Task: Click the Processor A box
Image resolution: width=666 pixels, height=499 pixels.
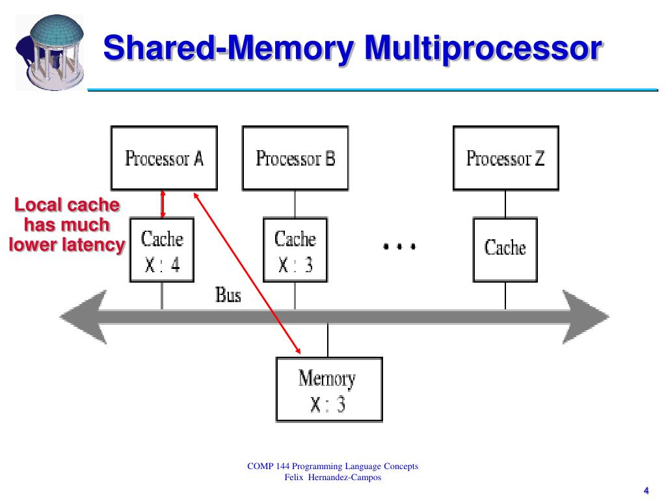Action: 164,158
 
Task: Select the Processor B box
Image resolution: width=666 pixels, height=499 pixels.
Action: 295,158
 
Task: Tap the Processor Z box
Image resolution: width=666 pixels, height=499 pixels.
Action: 505,158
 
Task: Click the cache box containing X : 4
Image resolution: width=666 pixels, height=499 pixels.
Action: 162,250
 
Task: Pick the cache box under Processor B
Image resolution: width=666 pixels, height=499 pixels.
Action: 295,250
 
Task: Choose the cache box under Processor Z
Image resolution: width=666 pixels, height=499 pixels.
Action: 505,250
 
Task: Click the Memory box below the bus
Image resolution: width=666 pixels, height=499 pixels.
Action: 329,389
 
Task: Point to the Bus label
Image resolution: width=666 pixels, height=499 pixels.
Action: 228,295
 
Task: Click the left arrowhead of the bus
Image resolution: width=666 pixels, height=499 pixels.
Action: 83,316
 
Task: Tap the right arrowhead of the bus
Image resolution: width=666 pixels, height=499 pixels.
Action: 586,316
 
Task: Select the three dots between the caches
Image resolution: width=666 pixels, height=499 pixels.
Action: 399,246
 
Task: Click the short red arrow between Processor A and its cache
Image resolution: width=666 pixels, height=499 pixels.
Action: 163,204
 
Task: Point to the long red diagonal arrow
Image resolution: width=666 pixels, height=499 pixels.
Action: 246,273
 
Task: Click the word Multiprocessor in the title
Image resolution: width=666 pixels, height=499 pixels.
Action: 483,48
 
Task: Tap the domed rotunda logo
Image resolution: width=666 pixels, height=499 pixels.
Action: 51,52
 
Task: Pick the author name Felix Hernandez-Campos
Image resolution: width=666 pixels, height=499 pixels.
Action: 332,478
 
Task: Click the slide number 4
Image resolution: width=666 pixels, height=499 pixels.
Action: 646,491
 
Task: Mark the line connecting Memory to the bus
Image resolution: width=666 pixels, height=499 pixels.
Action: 328,340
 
